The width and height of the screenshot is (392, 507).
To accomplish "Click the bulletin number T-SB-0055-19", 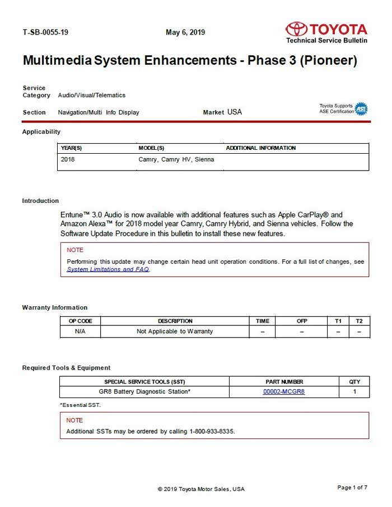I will [45, 32].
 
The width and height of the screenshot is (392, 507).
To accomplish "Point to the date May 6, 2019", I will [185, 32].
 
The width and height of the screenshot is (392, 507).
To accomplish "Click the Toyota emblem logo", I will [296, 29].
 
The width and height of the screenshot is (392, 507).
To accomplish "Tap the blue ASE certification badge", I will [361, 109].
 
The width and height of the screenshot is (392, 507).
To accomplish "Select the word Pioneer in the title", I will [328, 60].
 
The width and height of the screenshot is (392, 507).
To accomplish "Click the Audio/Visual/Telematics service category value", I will [92, 95].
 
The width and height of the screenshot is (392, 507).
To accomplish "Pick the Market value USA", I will [235, 112].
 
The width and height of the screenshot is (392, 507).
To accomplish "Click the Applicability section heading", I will [41, 132].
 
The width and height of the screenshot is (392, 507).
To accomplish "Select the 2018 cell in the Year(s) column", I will [68, 159].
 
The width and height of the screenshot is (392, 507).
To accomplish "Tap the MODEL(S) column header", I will [151, 148].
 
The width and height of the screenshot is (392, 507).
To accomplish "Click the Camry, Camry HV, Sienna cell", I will [176, 159].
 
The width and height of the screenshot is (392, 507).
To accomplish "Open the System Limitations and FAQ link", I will [108, 269].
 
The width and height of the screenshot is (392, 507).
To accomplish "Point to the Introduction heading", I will [40, 201].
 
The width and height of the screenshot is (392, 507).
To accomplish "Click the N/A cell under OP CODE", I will [80, 331].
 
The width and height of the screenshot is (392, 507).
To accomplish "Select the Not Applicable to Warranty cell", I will [175, 331].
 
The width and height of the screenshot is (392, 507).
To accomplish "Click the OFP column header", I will [302, 321].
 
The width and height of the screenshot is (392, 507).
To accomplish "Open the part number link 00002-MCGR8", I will [284, 392].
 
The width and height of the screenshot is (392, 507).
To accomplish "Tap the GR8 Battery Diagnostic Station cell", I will [144, 392].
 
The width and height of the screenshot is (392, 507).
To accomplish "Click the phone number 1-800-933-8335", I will [212, 432].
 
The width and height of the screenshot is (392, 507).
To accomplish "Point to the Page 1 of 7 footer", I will [352, 487].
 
